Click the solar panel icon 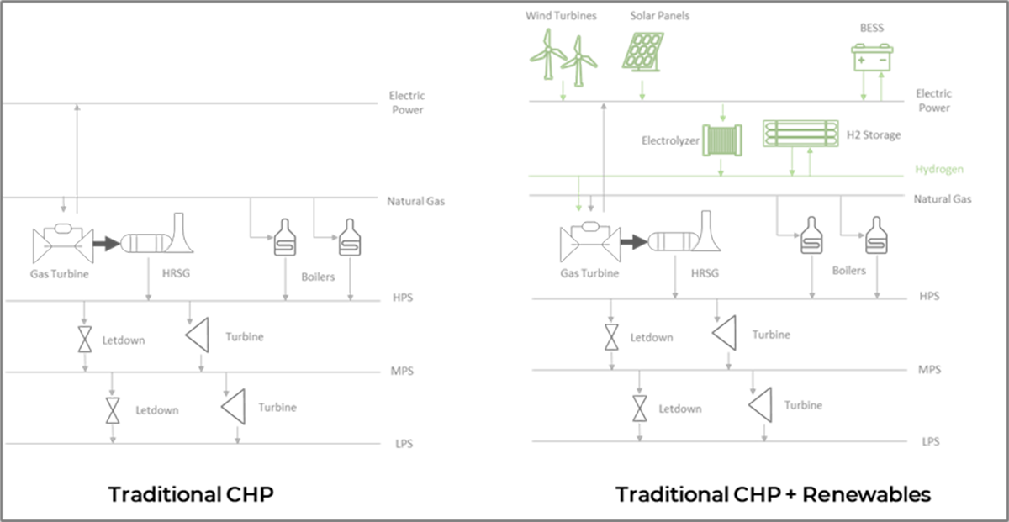point(642,52)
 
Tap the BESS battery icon point(872,57)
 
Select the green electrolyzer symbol point(722,140)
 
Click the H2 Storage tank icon point(800,134)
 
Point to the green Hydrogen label point(939,169)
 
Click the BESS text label point(872,28)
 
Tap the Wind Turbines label point(561,16)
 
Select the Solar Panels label point(659,16)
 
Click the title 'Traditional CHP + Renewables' point(773,494)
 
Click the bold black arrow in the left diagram point(106,244)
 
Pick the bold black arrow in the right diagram point(634,242)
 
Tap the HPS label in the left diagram point(403,298)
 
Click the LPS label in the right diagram point(931,441)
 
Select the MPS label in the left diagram point(402,371)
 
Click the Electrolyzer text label point(670,141)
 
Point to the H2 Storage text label point(874,135)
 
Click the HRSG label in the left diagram point(176,273)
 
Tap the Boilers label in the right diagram point(848,270)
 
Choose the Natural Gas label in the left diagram point(415,201)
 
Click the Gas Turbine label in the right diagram point(589,273)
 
